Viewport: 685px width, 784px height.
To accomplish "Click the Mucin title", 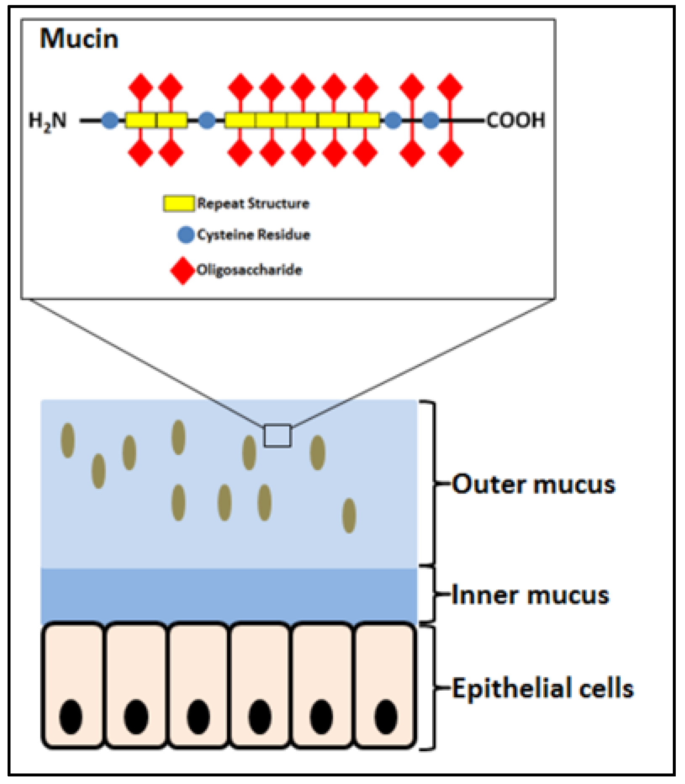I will click(79, 39).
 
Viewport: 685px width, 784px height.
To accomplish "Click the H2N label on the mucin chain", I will click(47, 121).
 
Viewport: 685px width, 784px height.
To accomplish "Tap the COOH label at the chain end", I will click(516, 121).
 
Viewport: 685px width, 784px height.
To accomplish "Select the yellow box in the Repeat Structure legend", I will click(179, 204).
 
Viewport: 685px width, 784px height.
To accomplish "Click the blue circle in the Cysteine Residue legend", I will click(186, 235).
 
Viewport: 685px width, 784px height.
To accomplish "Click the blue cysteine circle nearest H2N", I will click(110, 121).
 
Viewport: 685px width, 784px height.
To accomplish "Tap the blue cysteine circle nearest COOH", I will click(430, 121).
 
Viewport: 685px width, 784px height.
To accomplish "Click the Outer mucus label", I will click(533, 484).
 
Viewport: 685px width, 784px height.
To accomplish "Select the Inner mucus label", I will click(530, 595).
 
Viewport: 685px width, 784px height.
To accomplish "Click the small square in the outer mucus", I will click(278, 436).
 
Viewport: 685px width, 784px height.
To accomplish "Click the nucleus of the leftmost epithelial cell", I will click(71, 716).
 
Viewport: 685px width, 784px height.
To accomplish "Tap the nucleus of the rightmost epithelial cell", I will click(386, 716).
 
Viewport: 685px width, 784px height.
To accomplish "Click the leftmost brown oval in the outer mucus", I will click(68, 440).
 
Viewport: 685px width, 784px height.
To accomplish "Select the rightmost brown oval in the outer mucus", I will click(349, 516).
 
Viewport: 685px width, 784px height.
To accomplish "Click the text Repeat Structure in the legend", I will click(253, 204).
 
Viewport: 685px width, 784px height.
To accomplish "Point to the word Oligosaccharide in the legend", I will click(249, 270).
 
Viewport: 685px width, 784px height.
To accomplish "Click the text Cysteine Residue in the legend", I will click(253, 235).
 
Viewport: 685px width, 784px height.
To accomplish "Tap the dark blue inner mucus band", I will click(229, 595).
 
